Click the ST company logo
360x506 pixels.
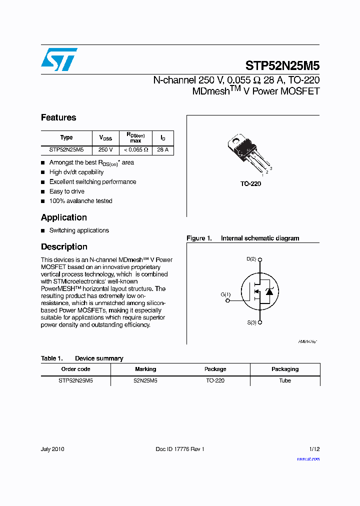[59, 59]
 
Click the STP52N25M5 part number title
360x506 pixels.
[282, 66]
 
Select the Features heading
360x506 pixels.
[58, 117]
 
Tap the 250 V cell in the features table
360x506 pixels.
[105, 149]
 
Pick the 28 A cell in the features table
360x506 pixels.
[162, 149]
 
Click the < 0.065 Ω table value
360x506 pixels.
[135, 149]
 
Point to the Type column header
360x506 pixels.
[66, 137]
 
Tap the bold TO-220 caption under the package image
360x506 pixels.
[250, 184]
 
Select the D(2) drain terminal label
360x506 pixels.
[251, 259]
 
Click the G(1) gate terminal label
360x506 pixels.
[225, 294]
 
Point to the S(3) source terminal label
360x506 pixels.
[251, 322]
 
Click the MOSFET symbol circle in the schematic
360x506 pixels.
[259, 292]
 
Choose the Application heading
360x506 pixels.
[64, 217]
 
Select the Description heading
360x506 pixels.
[64, 246]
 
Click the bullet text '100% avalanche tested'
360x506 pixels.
[80, 201]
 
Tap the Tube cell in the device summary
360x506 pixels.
[285, 380]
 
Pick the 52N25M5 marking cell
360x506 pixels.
[145, 380]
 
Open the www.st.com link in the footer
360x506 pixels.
[308, 459]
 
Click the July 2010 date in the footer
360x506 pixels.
[52, 449]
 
